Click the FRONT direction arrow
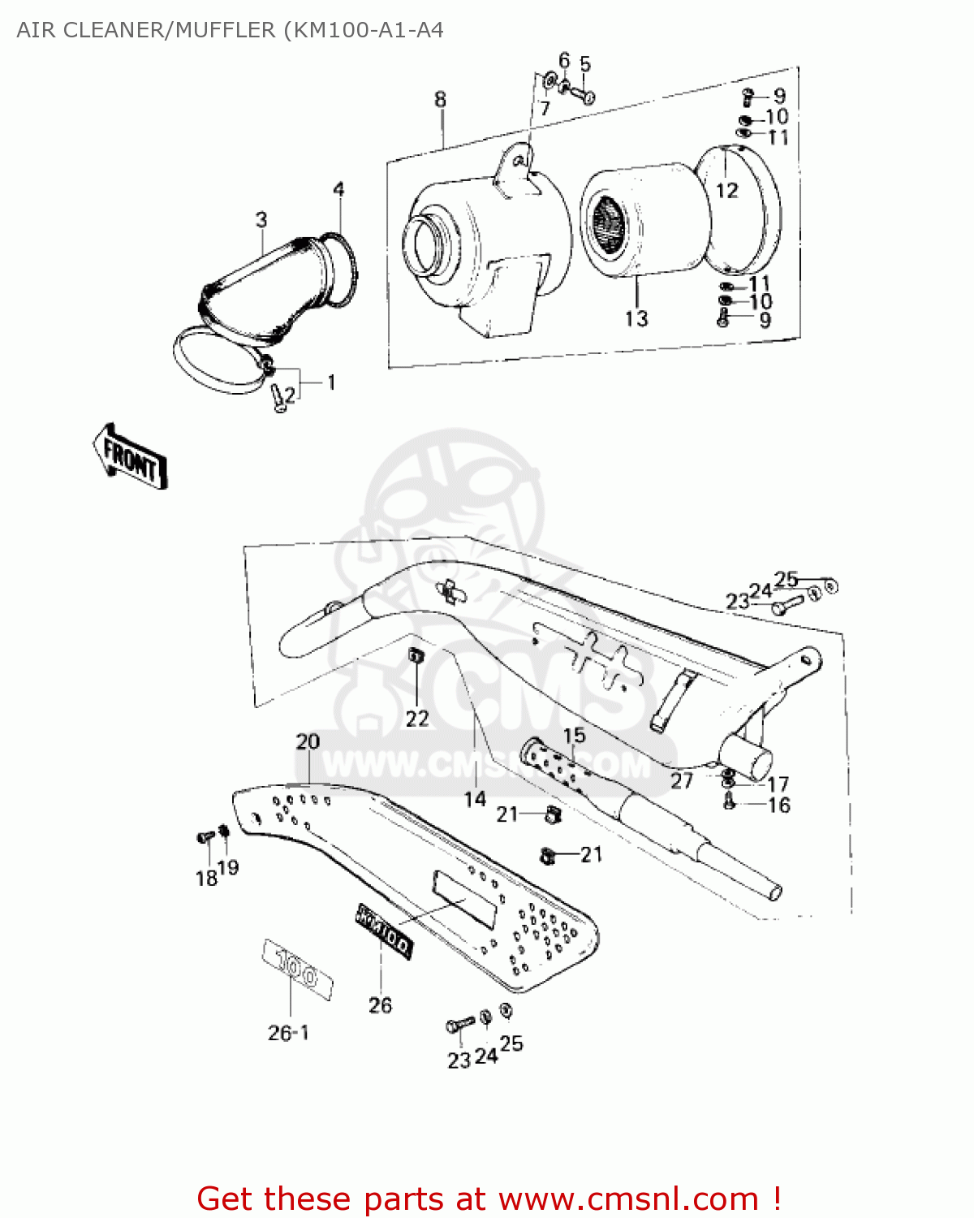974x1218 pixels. pyautogui.click(x=130, y=457)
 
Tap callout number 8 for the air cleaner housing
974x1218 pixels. pyautogui.click(x=440, y=100)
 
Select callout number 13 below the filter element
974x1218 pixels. pyautogui.click(x=636, y=317)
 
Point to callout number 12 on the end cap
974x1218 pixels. pyautogui.click(x=727, y=190)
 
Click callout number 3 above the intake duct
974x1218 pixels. pyautogui.click(x=261, y=220)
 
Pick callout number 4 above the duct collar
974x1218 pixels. pyautogui.click(x=338, y=190)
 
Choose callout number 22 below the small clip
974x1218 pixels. pyautogui.click(x=417, y=719)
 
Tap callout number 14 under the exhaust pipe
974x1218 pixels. pyautogui.click(x=475, y=799)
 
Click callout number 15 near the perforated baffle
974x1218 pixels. pyautogui.click(x=574, y=736)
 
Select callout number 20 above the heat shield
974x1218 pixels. pyautogui.click(x=308, y=741)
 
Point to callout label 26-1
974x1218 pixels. pyautogui.click(x=288, y=1033)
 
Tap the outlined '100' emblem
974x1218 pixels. pyautogui.click(x=297, y=970)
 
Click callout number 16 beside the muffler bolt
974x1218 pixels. pyautogui.click(x=779, y=805)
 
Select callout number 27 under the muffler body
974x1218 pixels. pyautogui.click(x=682, y=781)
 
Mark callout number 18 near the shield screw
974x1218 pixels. pyautogui.click(x=206, y=878)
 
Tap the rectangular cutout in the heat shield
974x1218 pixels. pyautogui.click(x=465, y=899)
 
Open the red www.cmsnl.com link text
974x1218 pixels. pyautogui.click(x=628, y=1199)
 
